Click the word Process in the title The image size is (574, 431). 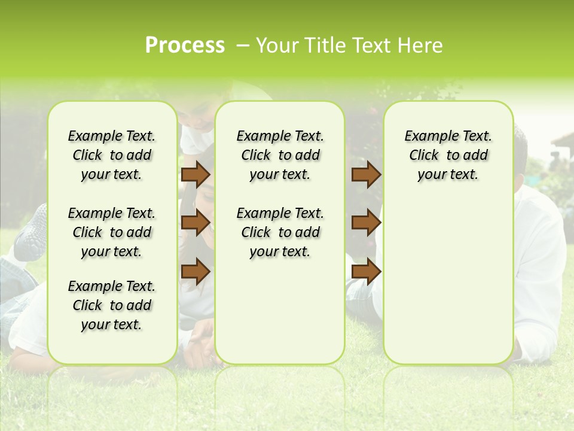[x=185, y=45]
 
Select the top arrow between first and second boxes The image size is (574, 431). [x=196, y=175]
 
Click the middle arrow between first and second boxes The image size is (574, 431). [x=196, y=223]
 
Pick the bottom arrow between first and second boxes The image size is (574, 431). [x=196, y=271]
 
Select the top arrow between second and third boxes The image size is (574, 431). [x=366, y=175]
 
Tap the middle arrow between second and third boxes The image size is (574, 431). [x=366, y=223]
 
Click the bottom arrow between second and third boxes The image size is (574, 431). [x=366, y=271]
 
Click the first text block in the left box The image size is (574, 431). [x=112, y=155]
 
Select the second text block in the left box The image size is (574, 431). [x=112, y=232]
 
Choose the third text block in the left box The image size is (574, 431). [x=112, y=305]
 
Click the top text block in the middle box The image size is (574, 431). [x=280, y=155]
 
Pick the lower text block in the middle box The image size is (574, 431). [x=280, y=232]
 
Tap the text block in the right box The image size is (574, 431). [x=448, y=155]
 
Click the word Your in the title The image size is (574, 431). [x=277, y=45]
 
